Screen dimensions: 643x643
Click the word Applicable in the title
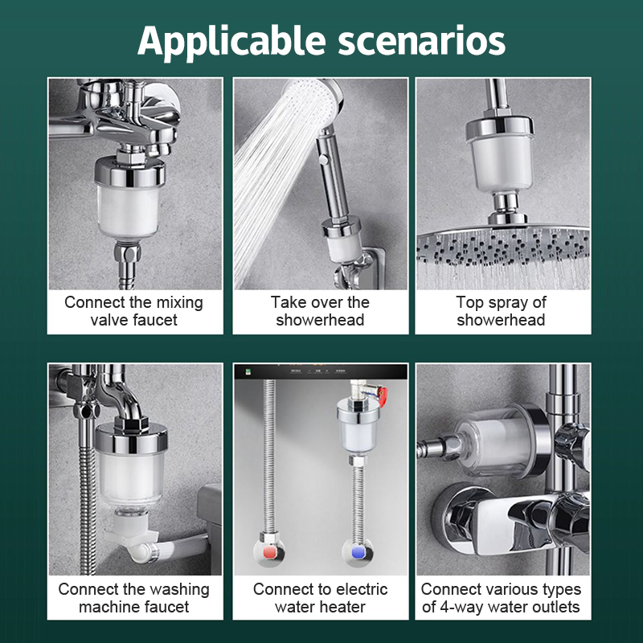231,42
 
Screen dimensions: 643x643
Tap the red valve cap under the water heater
269,553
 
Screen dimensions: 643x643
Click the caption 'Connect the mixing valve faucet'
133,311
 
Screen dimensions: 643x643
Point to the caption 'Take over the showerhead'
320,311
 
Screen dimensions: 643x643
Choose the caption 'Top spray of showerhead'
501,311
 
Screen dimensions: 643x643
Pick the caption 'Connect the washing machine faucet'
133,597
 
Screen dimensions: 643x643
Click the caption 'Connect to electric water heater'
320,597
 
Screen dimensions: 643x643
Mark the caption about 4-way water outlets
501,597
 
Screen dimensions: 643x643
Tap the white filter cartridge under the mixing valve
128,211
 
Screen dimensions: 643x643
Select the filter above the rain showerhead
500,154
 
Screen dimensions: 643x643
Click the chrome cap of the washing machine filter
131,437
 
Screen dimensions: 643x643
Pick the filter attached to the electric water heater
358,428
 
